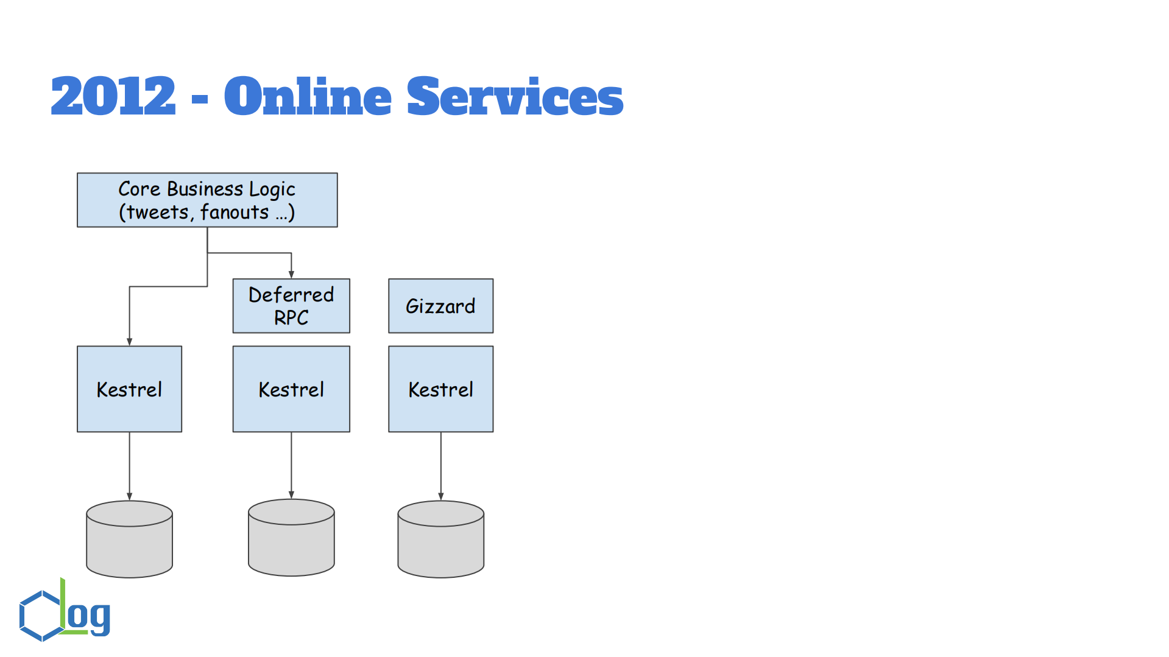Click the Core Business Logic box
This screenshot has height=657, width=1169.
coord(207,200)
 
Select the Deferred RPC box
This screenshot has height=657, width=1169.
coord(291,306)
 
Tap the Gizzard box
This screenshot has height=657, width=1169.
coord(440,306)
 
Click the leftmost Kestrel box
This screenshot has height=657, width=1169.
coord(129,389)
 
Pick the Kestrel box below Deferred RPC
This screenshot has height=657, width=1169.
coord(291,389)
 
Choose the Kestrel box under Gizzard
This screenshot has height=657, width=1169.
coord(440,389)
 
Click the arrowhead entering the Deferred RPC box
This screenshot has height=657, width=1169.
coord(291,274)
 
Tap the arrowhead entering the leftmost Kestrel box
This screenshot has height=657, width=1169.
coord(129,342)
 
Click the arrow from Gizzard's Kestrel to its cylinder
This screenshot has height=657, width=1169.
coord(440,466)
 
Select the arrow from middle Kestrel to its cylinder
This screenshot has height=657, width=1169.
coord(291,465)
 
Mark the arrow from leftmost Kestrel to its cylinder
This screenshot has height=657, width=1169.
coord(129,466)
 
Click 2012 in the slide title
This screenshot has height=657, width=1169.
coord(113,96)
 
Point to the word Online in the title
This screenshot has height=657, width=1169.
coord(308,96)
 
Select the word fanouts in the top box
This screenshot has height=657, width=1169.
coord(235,213)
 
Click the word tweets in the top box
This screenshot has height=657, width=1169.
coord(158,213)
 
